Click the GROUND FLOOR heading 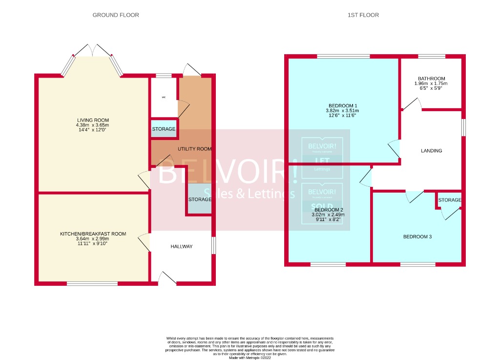coord(116,15)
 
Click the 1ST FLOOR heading coord(363,15)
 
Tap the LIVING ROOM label coord(93,120)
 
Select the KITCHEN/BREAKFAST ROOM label coord(93,234)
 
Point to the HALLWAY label coord(181,247)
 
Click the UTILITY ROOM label coord(194,149)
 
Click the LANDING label coord(431,151)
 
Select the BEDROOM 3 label coord(417,237)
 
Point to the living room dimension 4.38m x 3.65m coord(93,125)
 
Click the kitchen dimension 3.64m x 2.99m coord(93,239)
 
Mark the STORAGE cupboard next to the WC coord(163,129)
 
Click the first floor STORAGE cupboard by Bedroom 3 coord(449,200)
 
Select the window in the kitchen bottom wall coord(92,283)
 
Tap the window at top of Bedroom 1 coord(343,57)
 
